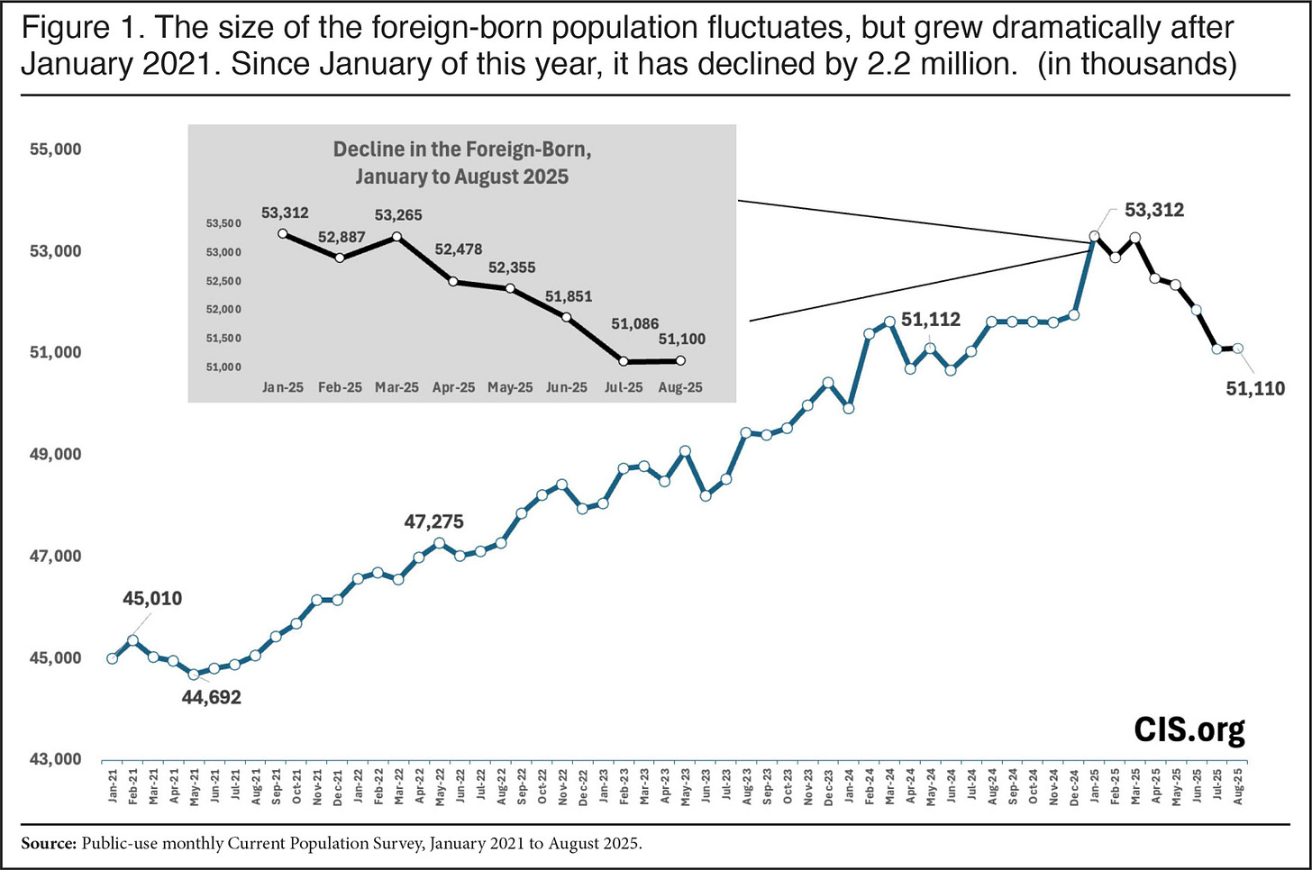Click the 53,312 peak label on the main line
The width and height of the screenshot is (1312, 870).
click(x=1154, y=210)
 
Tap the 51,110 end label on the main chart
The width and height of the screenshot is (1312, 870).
click(x=1255, y=388)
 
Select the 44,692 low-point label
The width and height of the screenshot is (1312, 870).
click(x=212, y=697)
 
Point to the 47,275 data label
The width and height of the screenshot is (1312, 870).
click(x=433, y=521)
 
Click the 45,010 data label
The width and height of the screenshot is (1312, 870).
click(x=152, y=598)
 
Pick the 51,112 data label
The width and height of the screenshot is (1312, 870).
click(x=931, y=320)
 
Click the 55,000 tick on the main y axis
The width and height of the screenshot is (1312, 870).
click(x=56, y=150)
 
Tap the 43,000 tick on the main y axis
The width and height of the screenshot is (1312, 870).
click(x=56, y=759)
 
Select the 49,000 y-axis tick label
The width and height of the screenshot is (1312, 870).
click(x=56, y=455)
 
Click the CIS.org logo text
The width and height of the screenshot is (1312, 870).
click(x=1189, y=729)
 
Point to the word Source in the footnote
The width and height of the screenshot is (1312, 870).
click(x=48, y=844)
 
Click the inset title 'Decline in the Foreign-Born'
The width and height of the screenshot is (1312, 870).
click(x=462, y=150)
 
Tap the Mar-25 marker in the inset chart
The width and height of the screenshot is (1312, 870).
click(x=396, y=237)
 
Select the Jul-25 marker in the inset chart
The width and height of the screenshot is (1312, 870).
click(x=624, y=361)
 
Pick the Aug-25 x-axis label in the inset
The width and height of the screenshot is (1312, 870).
click(x=680, y=387)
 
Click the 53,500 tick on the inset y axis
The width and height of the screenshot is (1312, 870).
click(x=223, y=223)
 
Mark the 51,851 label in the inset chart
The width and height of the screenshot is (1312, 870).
click(x=569, y=296)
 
